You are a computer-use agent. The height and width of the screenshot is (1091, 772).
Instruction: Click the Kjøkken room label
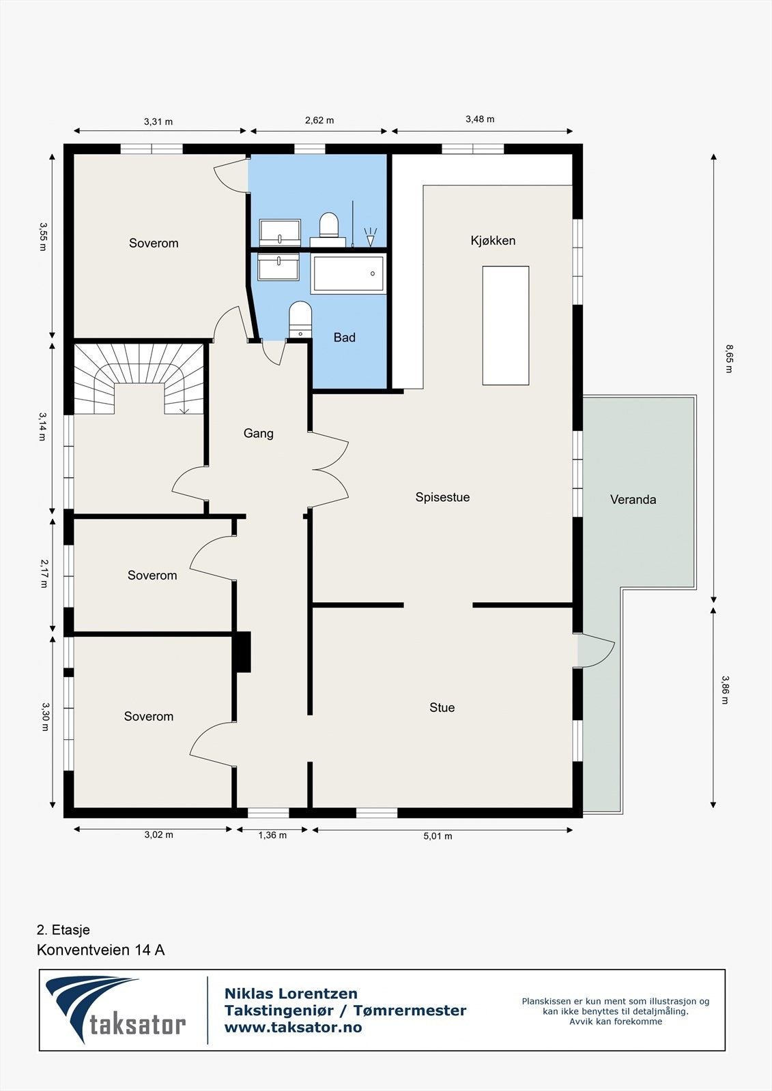[493, 241]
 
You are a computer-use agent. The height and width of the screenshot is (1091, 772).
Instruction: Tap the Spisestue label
[442, 497]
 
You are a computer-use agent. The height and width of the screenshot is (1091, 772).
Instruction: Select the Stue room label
[442, 708]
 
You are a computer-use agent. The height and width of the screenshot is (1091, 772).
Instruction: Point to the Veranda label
[633, 499]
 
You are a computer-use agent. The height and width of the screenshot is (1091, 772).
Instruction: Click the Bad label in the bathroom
[344, 338]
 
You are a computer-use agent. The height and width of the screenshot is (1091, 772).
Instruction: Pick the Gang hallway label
[259, 434]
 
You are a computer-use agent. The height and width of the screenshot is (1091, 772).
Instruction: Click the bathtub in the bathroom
[348, 273]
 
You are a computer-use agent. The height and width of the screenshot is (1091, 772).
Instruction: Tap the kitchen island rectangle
[506, 326]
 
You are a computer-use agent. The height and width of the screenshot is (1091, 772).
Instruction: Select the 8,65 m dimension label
[728, 359]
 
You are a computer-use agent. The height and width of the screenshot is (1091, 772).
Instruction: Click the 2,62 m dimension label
[319, 120]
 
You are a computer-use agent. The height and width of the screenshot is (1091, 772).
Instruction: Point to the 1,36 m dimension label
[272, 835]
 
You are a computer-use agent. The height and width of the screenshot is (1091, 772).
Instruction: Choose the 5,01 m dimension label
[438, 836]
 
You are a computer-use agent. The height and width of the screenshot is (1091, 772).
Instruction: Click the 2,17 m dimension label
[44, 573]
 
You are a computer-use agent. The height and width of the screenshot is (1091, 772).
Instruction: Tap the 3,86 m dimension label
[725, 689]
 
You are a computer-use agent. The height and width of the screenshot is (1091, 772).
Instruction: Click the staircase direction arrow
[184, 410]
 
